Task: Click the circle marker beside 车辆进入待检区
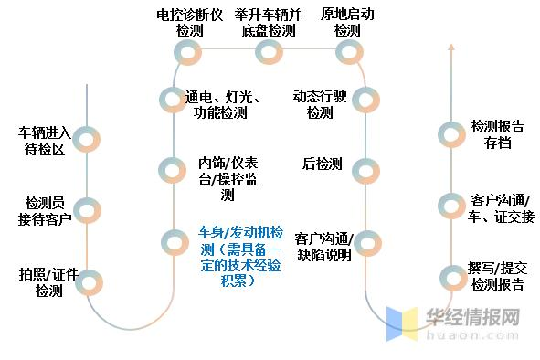[x=87, y=139]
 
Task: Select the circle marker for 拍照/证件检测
[x=88, y=282]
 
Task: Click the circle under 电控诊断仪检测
[x=190, y=52]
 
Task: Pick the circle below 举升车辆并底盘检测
[x=269, y=52]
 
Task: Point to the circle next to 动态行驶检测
[x=365, y=99]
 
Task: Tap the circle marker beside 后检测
[x=365, y=169]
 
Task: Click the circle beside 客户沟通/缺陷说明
[x=365, y=242]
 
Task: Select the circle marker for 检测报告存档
[x=451, y=134]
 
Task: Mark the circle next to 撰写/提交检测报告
[x=451, y=277]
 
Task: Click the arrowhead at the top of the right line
[x=451, y=47]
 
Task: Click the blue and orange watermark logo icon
[x=402, y=324]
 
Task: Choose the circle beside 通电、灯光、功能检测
[x=172, y=99]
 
